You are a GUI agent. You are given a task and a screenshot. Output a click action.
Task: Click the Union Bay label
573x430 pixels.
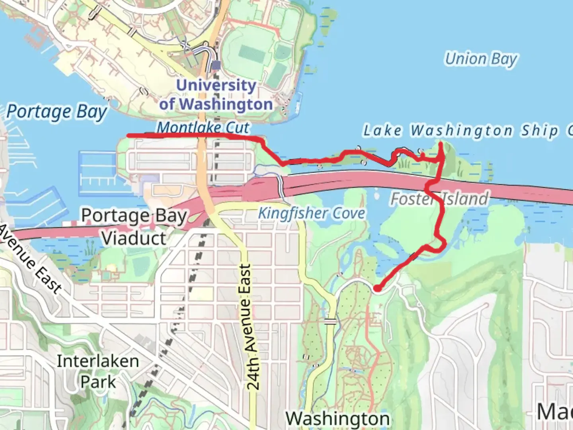tap(481, 59)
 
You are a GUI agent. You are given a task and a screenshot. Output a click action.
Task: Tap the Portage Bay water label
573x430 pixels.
tap(57, 112)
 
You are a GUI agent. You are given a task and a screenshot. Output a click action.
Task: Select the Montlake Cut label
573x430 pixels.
tap(203, 127)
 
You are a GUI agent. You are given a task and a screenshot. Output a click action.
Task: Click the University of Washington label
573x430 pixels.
tap(216, 95)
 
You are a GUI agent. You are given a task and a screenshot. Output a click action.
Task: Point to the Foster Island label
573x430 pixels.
tap(439, 199)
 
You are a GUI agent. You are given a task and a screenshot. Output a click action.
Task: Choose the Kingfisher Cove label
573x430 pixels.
tap(312, 213)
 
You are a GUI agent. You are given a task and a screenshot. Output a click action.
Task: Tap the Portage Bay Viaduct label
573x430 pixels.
tap(134, 227)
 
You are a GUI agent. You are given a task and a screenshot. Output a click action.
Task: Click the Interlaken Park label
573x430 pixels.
tap(98, 371)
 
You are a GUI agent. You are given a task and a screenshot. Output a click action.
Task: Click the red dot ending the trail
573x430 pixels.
tap(377, 288)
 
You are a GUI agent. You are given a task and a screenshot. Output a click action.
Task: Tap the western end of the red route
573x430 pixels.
tap(129, 136)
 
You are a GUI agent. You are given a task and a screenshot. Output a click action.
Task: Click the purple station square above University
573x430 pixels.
tap(216, 65)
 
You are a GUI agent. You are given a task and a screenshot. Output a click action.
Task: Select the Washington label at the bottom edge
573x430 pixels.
tap(337, 418)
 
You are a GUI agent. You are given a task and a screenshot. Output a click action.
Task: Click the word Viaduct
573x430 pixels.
tap(134, 238)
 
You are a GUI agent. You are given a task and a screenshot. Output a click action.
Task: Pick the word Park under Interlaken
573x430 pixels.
tap(98, 382)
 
